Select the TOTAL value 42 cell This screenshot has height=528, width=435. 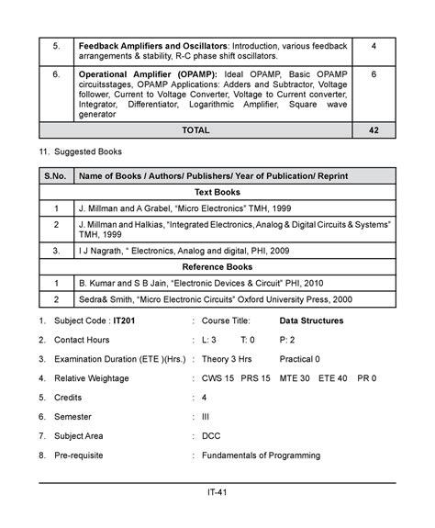[374, 131]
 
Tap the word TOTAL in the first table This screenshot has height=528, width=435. [195, 131]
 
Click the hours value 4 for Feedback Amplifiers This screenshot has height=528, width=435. [374, 46]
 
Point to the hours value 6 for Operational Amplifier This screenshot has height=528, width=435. [374, 73]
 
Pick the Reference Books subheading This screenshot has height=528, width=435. [217, 266]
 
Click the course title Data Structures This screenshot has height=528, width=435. [311, 321]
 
